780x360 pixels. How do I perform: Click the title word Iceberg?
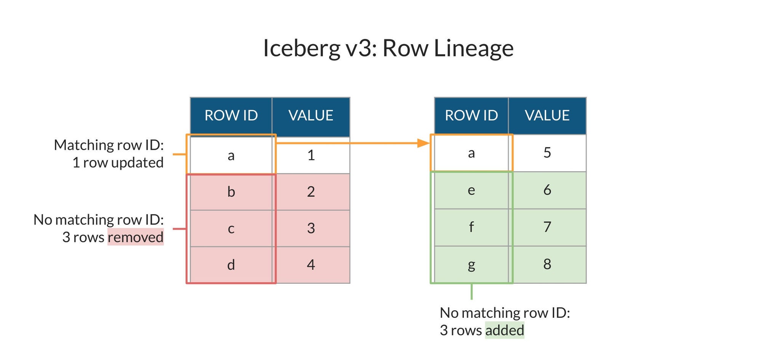301,48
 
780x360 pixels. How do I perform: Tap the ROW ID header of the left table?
231,115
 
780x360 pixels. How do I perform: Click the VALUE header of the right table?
547,115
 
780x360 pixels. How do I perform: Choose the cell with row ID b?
231,192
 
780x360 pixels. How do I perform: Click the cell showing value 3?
311,228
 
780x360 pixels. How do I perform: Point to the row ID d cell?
231,265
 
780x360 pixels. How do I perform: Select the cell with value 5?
547,153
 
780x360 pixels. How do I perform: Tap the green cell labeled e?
471,190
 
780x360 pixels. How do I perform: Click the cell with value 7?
547,227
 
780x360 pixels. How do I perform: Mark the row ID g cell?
471,264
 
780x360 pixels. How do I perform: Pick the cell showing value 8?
547,264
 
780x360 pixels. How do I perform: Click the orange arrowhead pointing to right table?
423,143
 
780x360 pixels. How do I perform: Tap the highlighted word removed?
136,237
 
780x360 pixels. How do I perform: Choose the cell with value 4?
311,265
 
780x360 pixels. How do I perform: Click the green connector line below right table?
472,292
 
